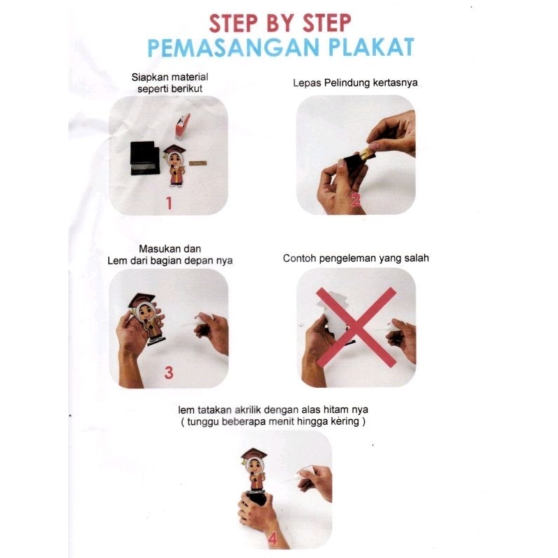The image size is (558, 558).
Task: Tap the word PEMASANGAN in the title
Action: point(234,47)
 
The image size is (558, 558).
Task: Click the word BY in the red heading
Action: point(280,24)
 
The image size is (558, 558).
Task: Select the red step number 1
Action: point(169,203)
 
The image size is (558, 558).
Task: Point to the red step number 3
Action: point(169,372)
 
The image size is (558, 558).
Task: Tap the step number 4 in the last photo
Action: point(273,539)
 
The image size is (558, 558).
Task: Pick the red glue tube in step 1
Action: point(182,126)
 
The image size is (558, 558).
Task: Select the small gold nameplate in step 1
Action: point(198,163)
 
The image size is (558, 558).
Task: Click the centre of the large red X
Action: point(356,327)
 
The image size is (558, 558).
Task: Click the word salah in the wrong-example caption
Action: point(416,257)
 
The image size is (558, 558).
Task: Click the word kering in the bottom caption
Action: point(345,421)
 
